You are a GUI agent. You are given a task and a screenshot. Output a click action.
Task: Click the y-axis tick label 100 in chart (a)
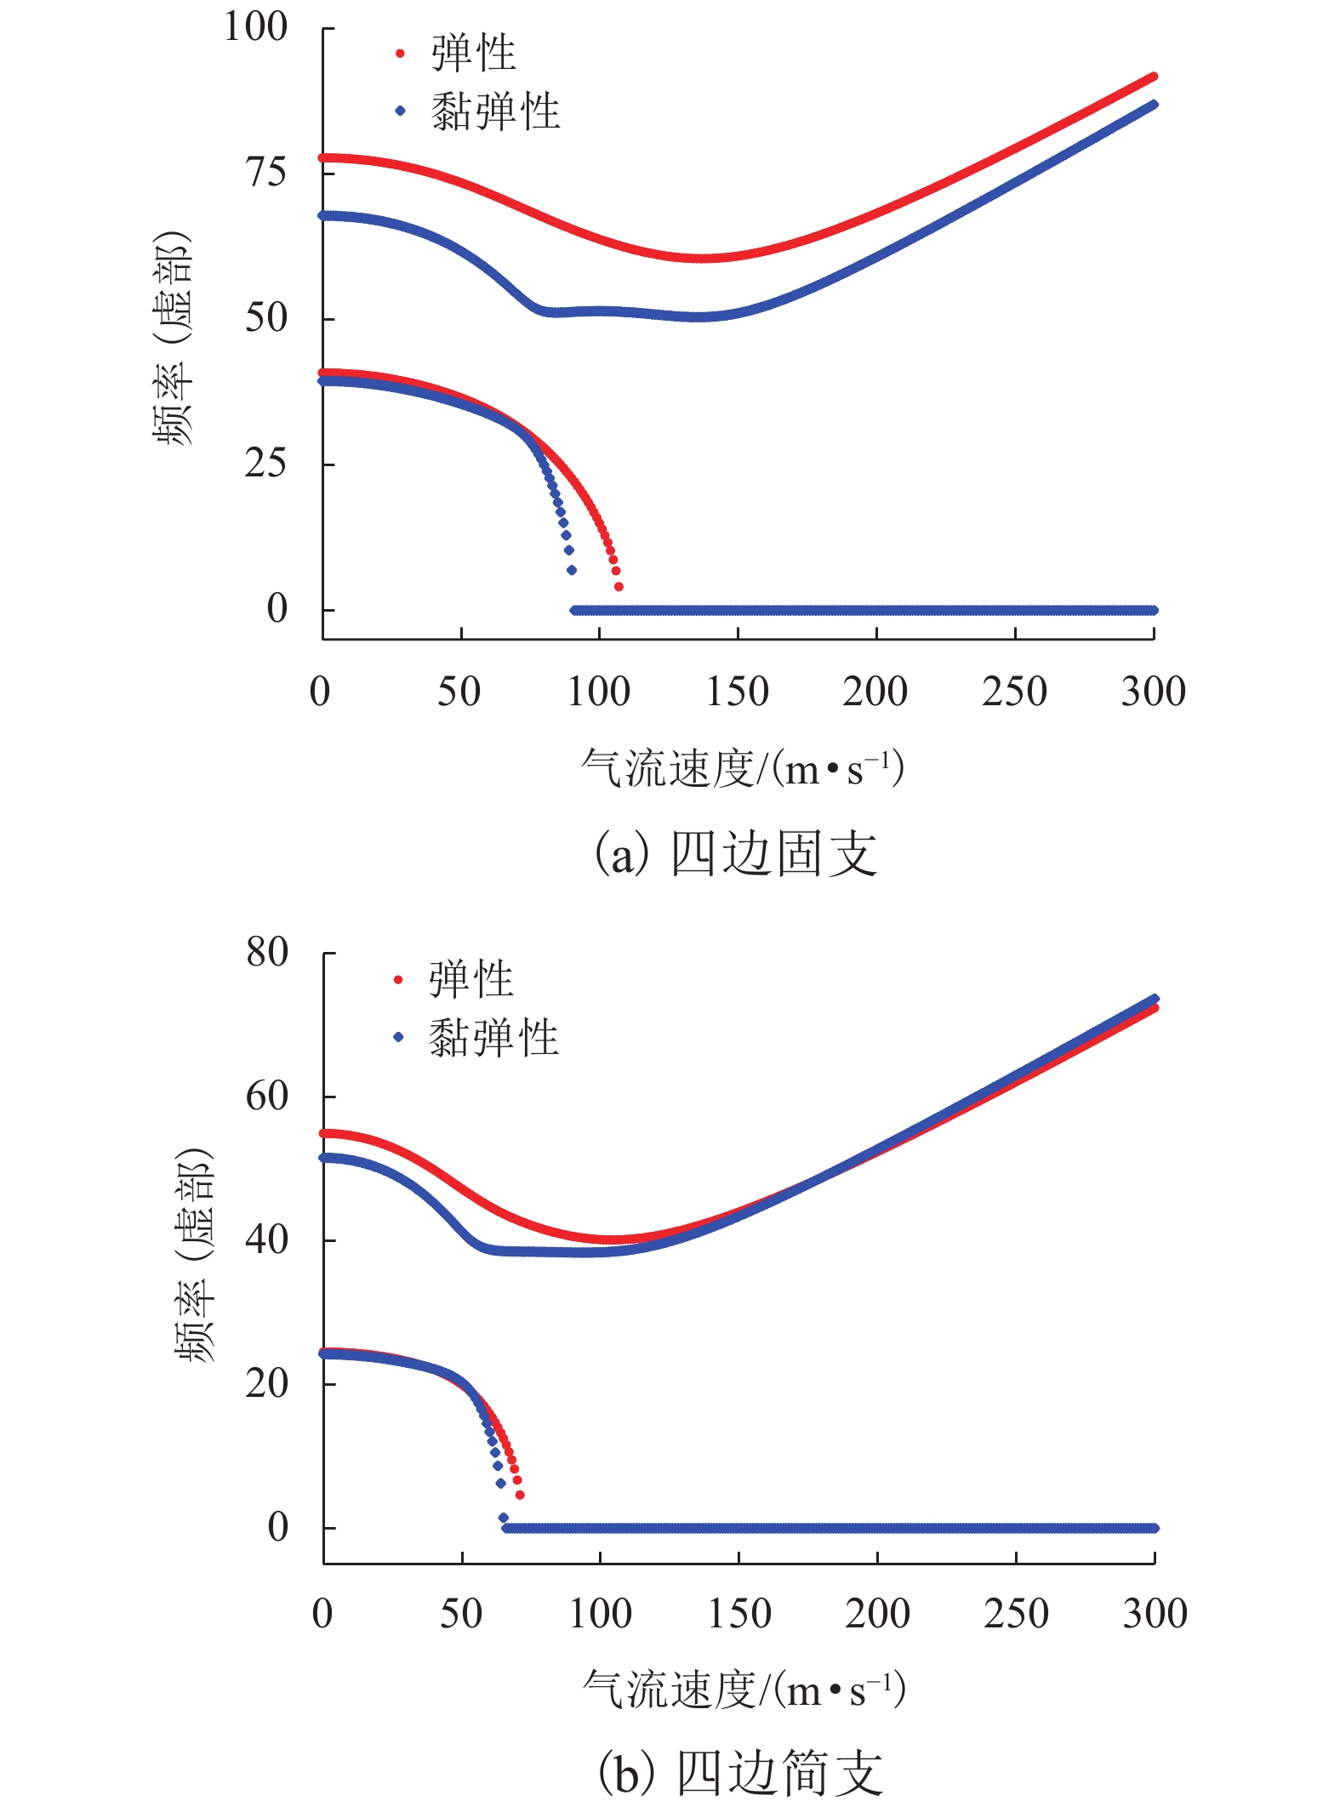pyautogui.click(x=255, y=27)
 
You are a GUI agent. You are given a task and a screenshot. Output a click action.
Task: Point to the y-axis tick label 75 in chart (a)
pyautogui.click(x=266, y=173)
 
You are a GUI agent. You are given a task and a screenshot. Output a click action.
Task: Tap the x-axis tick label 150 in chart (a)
pyautogui.click(x=738, y=692)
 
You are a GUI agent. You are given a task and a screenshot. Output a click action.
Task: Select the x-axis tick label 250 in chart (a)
pyautogui.click(x=1014, y=692)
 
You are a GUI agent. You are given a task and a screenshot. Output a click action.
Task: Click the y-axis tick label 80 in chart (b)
pyautogui.click(x=267, y=952)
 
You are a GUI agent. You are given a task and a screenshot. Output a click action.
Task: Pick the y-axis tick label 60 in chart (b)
pyautogui.click(x=267, y=1096)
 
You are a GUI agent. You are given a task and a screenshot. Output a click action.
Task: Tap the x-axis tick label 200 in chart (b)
pyautogui.click(x=877, y=1614)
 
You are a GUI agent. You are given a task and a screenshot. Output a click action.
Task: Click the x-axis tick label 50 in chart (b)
pyautogui.click(x=461, y=1614)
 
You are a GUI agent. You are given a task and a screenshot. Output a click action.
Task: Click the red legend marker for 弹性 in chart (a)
pyautogui.click(x=400, y=54)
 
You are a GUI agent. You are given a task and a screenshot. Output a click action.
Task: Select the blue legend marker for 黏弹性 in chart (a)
pyautogui.click(x=400, y=111)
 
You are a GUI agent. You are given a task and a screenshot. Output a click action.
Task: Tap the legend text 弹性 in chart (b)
pyautogui.click(x=471, y=979)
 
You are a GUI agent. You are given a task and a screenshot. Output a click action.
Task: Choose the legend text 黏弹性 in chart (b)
pyautogui.click(x=493, y=1037)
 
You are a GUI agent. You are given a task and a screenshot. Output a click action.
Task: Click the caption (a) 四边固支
pyautogui.click(x=736, y=853)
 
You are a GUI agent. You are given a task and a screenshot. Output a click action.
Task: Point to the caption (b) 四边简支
pyautogui.click(x=740, y=1774)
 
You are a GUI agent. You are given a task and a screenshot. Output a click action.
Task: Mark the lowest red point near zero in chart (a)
pyautogui.click(x=619, y=587)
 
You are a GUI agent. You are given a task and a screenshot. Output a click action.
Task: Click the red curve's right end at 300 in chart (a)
pyautogui.click(x=1154, y=77)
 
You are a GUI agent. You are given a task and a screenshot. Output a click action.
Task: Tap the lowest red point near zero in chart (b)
pyautogui.click(x=520, y=1495)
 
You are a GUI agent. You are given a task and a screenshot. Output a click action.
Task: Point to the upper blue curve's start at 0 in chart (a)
pyautogui.click(x=323, y=215)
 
